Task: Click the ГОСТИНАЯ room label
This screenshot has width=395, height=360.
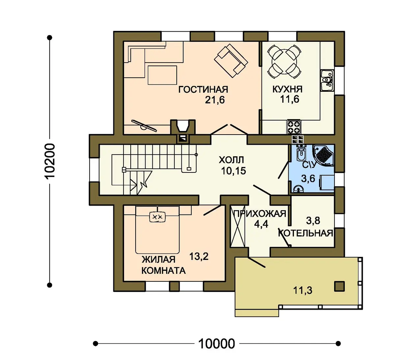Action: pyautogui.click(x=203, y=90)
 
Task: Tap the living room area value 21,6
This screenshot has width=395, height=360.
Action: pyautogui.click(x=215, y=100)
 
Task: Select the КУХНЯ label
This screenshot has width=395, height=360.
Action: pyautogui.click(x=287, y=89)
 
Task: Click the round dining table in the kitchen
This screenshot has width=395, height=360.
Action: pyautogui.click(x=284, y=62)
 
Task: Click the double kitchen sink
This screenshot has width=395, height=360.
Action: pyautogui.click(x=327, y=80)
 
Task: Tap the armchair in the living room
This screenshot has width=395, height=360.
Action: pyautogui.click(x=231, y=61)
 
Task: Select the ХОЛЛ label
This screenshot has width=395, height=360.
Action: pyautogui.click(x=231, y=160)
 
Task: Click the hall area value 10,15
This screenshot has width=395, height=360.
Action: pyautogui.click(x=233, y=171)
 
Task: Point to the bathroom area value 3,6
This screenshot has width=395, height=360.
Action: pyautogui.click(x=308, y=179)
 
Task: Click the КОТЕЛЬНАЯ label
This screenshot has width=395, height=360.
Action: pyautogui.click(x=305, y=233)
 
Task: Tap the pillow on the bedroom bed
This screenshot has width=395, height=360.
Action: pyautogui.click(x=158, y=217)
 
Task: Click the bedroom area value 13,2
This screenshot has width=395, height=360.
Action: pyautogui.click(x=199, y=256)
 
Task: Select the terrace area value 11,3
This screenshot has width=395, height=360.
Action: pyautogui.click(x=303, y=290)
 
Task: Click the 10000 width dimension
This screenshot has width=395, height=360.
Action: pyautogui.click(x=217, y=344)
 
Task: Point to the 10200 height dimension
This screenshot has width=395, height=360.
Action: pyautogui.click(x=49, y=161)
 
